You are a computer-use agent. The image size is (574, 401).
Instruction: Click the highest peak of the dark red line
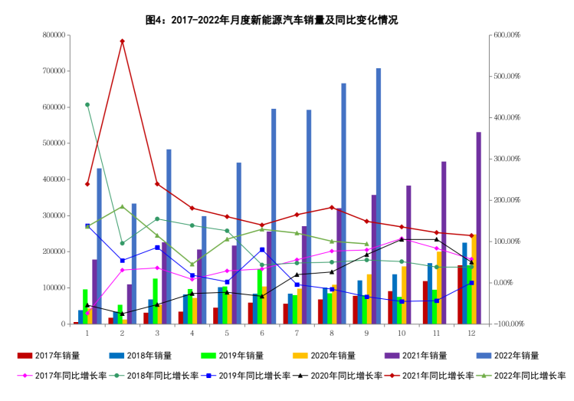coord(122,41)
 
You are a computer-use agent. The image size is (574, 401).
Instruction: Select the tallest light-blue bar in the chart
coord(379,196)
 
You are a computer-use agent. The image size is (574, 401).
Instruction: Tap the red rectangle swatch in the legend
coord(25,356)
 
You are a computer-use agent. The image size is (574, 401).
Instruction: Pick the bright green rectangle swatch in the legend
coord(208,356)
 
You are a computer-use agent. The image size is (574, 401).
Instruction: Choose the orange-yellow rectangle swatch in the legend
coord(300,356)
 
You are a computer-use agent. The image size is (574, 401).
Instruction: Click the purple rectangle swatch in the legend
coord(392,356)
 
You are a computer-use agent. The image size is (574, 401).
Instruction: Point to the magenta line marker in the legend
coord(25,375)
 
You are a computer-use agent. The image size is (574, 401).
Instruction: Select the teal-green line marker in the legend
coord(116,375)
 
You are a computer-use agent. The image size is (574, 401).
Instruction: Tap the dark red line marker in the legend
coord(392,375)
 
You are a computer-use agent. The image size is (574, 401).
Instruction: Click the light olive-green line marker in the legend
coord(484,375)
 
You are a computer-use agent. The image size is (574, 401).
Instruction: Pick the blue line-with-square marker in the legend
coord(208,375)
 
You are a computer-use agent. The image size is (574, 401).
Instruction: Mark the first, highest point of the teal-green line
coord(87,104)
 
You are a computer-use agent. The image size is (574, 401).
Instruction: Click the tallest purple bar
coord(478,228)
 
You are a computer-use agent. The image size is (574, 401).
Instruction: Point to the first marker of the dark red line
coord(87,184)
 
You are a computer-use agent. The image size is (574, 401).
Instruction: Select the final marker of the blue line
coord(471,283)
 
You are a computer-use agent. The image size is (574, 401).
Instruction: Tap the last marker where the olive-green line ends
coord(366,245)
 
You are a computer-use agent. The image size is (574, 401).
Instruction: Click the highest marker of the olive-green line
coord(122,206)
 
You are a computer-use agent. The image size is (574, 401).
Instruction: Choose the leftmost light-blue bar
coord(100,245)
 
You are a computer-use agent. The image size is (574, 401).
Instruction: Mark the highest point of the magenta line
coord(402,238)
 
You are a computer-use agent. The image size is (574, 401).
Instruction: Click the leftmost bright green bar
coord(85,306)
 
